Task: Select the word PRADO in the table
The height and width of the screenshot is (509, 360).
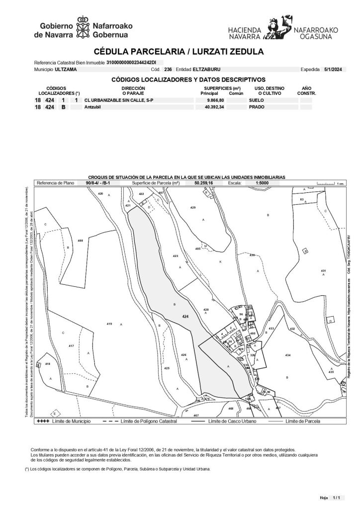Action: click(x=257, y=107)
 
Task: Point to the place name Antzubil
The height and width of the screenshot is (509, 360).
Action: click(x=93, y=107)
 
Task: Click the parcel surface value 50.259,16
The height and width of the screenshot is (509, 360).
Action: click(x=203, y=183)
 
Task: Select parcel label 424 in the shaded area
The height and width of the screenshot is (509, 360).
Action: click(x=185, y=316)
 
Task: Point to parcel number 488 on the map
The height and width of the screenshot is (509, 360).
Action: click(x=80, y=241)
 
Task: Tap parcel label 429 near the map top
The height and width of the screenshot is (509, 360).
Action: click(x=193, y=206)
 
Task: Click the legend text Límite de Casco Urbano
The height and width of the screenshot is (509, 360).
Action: click(x=232, y=421)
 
